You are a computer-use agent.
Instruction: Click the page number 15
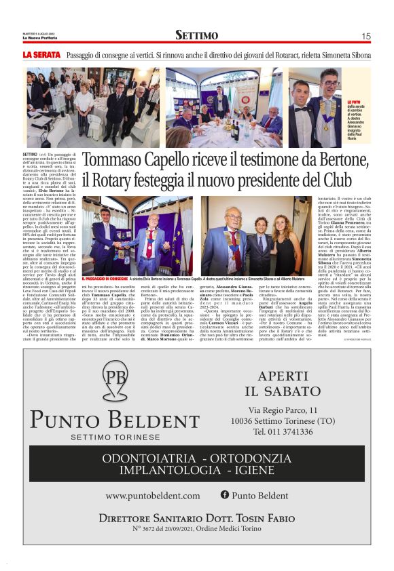coord(365,36)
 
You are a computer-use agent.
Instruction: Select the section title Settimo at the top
coord(196,35)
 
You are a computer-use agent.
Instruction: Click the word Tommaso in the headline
coord(109,162)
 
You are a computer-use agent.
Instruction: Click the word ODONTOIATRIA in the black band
coord(146,458)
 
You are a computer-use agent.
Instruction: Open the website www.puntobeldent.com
coord(153,496)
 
